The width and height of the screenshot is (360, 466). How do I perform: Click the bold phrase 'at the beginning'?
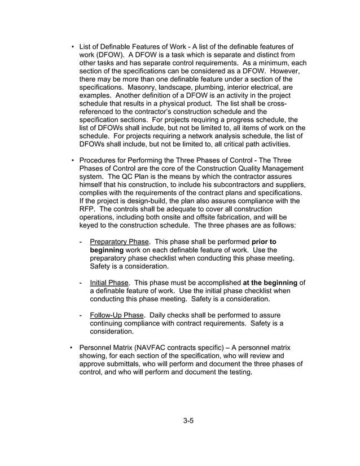pos(270,282)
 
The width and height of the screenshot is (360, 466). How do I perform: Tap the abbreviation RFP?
pos(88,209)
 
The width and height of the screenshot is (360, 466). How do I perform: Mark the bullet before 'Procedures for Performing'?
pos(72,160)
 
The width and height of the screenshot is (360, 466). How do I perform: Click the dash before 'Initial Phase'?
pos(82,282)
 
